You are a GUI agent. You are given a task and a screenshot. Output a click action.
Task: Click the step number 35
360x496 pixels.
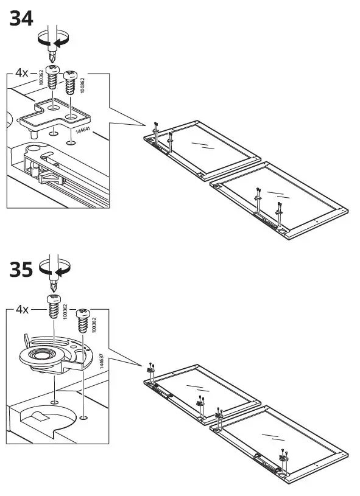(x=21, y=270)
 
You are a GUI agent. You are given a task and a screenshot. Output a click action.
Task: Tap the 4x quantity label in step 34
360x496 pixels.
(x=22, y=72)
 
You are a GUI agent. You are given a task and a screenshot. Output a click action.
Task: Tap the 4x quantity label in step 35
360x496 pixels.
(x=22, y=309)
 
